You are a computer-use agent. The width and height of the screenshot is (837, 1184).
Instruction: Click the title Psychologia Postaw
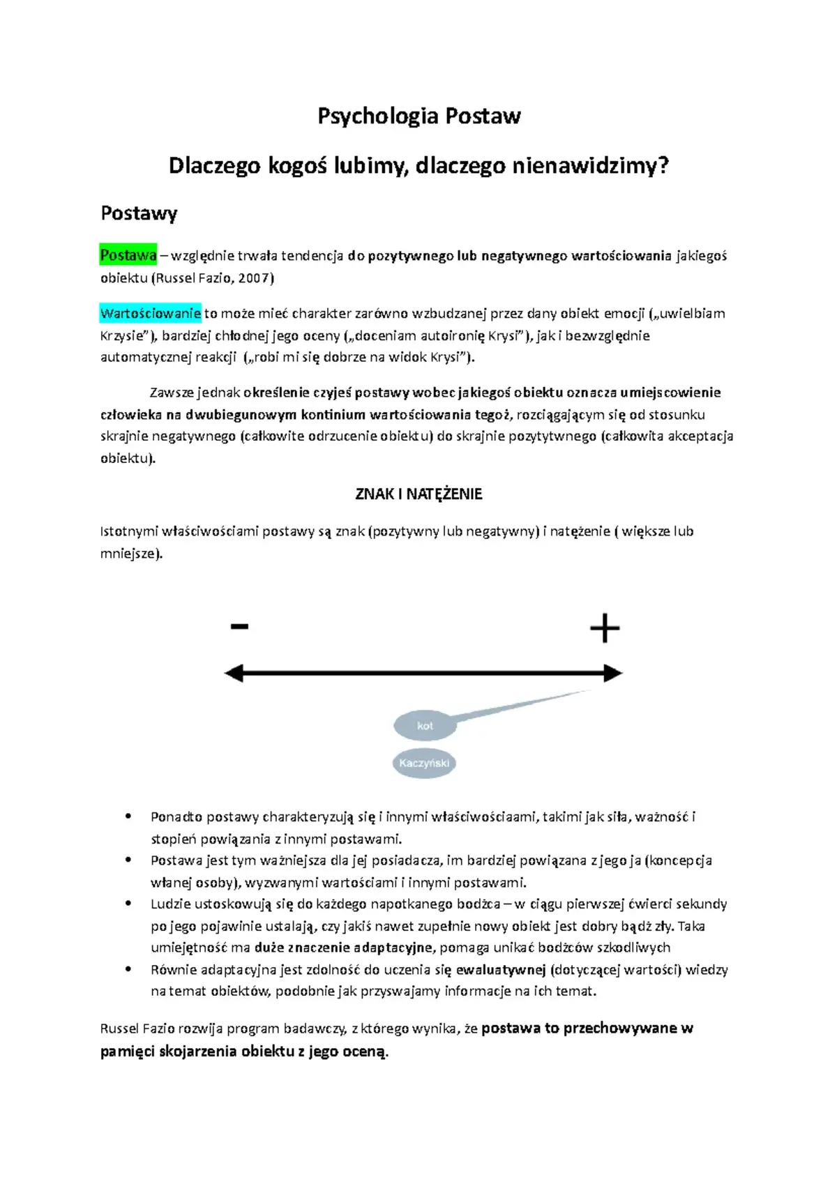[x=418, y=116]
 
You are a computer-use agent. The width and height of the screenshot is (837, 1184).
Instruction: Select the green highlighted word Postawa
[x=128, y=255]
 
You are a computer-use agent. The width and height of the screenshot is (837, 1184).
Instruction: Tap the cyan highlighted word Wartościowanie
[x=151, y=313]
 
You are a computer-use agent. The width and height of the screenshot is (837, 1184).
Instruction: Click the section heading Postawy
[x=139, y=213]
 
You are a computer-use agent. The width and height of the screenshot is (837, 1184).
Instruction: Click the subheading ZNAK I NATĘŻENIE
[x=418, y=494]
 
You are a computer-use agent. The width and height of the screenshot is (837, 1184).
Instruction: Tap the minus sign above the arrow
[x=239, y=626]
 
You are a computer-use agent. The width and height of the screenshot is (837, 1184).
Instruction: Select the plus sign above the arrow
[x=605, y=628]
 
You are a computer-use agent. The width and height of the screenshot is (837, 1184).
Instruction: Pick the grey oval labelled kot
[x=425, y=726]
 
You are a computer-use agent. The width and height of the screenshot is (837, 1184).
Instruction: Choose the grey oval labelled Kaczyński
[x=424, y=763]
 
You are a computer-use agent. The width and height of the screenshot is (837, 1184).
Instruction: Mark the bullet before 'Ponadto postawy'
[x=128, y=817]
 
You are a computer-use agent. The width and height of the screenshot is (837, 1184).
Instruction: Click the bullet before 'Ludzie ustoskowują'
[x=128, y=904]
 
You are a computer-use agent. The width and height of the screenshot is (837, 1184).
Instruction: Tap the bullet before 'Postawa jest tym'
[x=128, y=860]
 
